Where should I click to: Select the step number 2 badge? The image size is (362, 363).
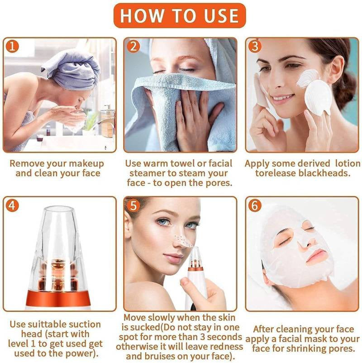[133, 47]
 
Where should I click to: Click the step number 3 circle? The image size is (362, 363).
[255, 47]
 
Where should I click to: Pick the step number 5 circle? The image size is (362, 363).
[133, 205]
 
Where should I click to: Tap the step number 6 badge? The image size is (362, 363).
[255, 205]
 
